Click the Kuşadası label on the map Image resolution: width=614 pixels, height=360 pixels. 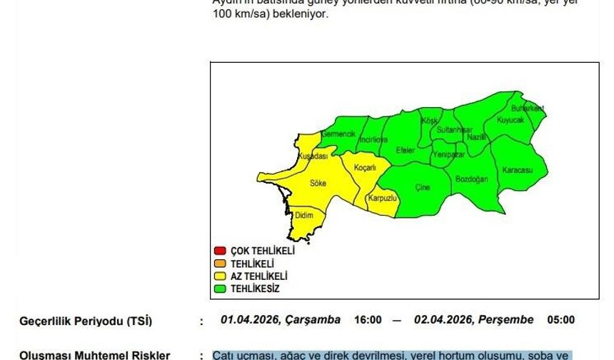coord(313,156)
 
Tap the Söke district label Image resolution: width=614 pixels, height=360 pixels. coord(318,183)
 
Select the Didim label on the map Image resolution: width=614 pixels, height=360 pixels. coord(304,214)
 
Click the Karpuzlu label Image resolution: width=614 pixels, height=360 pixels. coord(382,198)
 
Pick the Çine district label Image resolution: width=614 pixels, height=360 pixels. coord(423,187)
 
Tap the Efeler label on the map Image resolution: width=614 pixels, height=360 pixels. coord(406,150)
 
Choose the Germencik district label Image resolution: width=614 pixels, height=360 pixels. coord(338,134)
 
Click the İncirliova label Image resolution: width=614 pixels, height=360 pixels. coord(373,140)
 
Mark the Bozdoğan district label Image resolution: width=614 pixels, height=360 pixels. coord(471,178)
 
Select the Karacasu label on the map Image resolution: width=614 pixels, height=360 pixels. coord(518,170)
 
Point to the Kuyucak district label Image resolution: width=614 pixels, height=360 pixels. coord(510,120)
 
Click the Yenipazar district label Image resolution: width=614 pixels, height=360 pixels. coord(449,154)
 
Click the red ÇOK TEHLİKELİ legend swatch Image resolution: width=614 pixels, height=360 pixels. coord(220,251)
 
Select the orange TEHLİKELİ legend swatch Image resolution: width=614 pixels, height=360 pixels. coord(220,264)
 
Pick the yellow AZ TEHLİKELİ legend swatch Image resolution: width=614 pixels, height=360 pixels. coord(220,276)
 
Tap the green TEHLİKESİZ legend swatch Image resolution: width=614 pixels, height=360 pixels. coord(220,289)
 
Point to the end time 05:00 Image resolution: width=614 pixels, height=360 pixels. coord(560,320)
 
